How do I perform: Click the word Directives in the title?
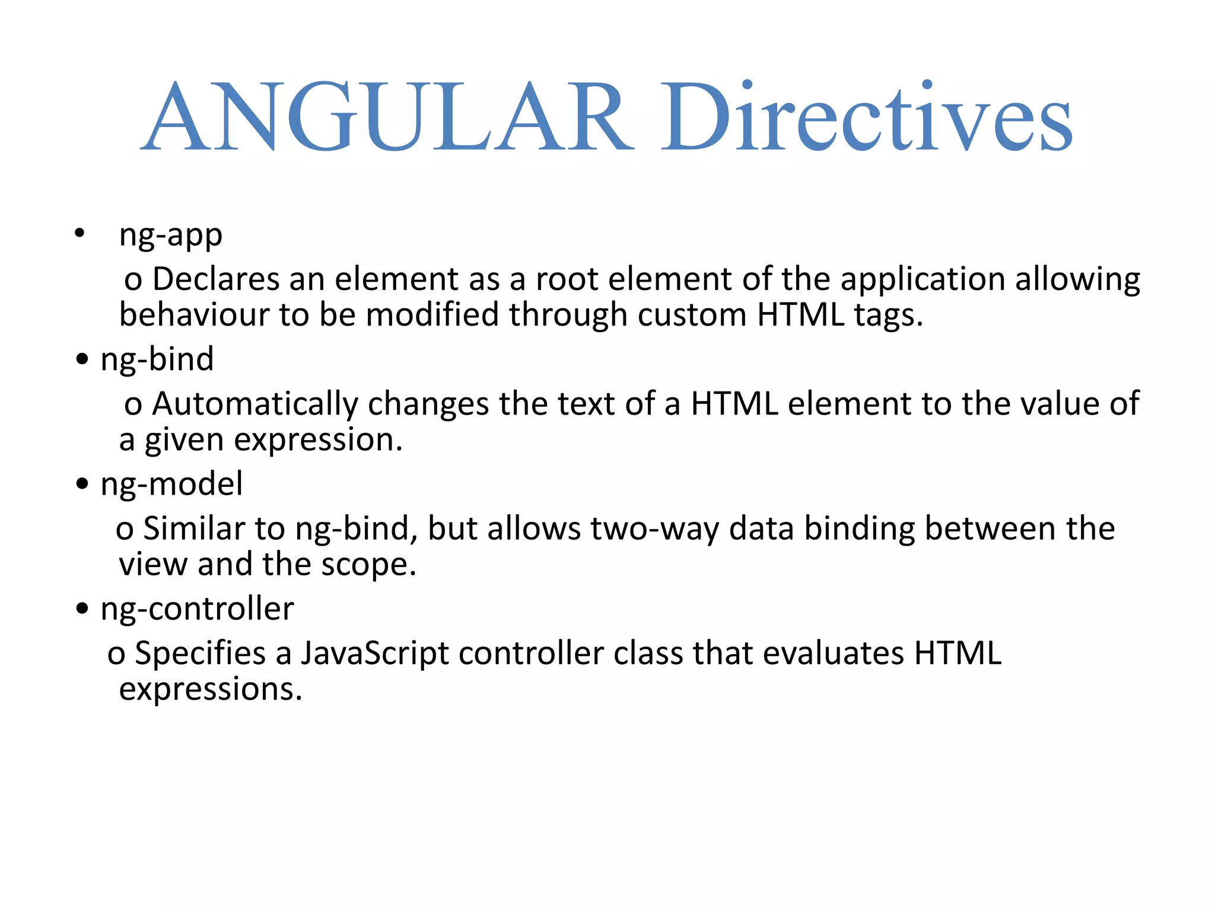click(x=866, y=117)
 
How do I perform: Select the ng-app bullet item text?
click(x=171, y=235)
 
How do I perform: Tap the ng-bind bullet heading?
click(x=157, y=360)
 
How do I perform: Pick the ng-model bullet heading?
click(x=171, y=485)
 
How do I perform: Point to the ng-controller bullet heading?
click(x=197, y=609)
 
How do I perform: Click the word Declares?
click(x=216, y=279)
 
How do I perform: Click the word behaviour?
click(x=194, y=314)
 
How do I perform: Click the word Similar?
click(x=194, y=528)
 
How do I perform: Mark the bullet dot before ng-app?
click(x=79, y=233)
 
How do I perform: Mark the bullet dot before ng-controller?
click(x=82, y=609)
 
